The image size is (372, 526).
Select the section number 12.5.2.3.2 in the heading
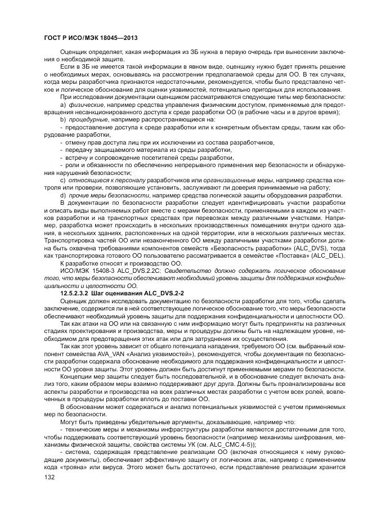(x=78, y=293)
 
